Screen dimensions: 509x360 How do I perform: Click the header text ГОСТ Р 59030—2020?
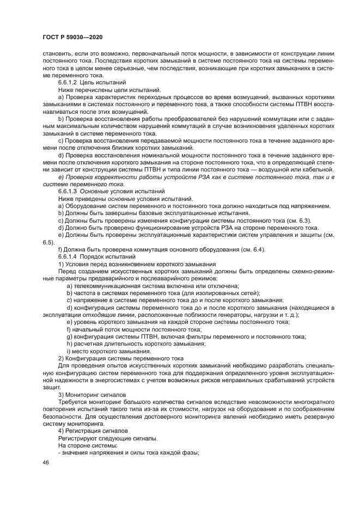72,36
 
